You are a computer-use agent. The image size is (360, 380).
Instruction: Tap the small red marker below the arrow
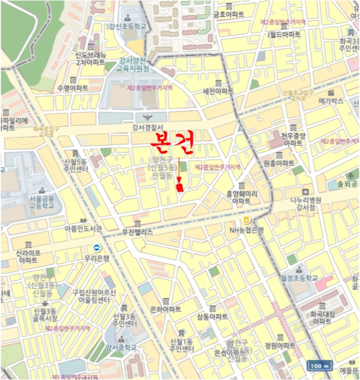pos(180,187)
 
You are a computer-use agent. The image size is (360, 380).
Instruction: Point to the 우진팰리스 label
pos(137,232)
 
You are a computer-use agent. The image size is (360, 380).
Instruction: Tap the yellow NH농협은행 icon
pos(247,219)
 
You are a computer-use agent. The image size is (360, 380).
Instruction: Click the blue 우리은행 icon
pos(96,249)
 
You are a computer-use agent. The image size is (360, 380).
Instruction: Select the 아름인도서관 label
pos(83,229)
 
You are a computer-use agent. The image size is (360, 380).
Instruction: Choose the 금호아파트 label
pos(229,15)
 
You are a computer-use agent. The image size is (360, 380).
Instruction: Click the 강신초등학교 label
pos(127,26)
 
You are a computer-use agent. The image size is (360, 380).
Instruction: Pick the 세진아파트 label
pos(218,91)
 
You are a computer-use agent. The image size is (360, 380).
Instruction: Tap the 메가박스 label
pos(331,101)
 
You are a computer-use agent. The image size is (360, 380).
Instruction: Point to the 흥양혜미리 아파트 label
pos(242,197)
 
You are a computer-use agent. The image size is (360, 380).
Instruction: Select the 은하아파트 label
pos(165,309)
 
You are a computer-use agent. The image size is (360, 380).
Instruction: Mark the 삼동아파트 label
pos(212,316)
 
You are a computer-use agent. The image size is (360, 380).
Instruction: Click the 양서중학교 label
pos(121,347)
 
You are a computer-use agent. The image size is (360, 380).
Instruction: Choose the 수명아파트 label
pos(72,88)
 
